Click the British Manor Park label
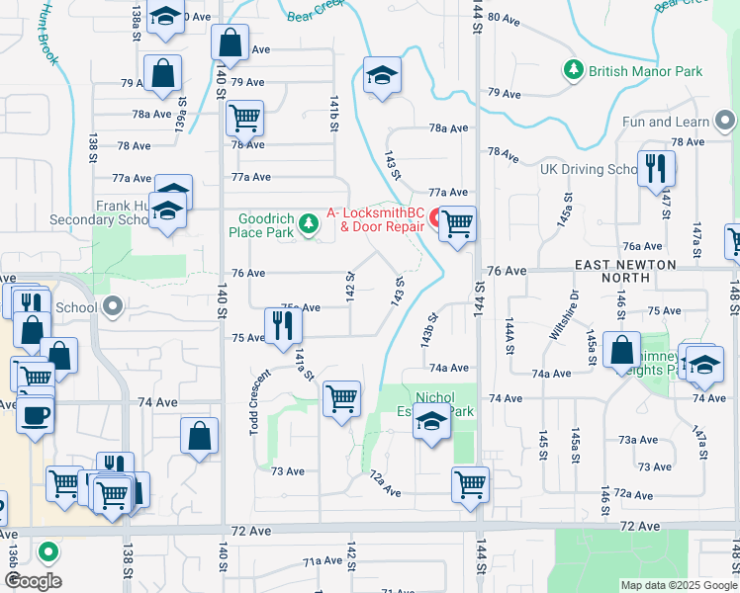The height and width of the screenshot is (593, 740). (x=645, y=71)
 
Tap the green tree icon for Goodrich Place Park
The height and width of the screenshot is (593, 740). (x=311, y=225)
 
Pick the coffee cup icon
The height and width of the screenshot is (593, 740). (x=35, y=415)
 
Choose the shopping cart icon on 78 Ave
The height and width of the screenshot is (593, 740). (x=243, y=118)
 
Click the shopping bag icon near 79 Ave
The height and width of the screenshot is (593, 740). (x=162, y=72)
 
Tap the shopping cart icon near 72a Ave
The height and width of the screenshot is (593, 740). (x=470, y=484)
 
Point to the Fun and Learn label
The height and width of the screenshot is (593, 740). (x=666, y=123)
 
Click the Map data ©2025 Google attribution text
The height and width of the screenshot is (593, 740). (x=677, y=585)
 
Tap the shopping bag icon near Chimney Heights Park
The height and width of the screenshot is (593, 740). (x=621, y=351)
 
